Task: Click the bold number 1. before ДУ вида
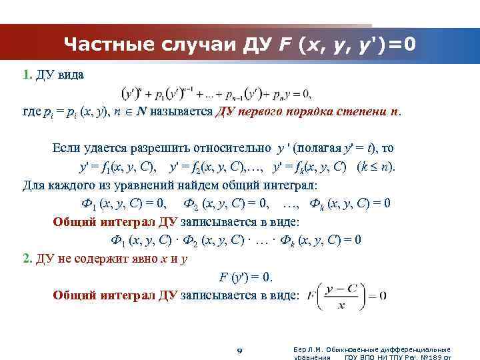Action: pos(27,74)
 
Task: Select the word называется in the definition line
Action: pos(184,111)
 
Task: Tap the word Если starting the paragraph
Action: pos(67,148)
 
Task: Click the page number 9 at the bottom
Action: pos(240,349)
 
